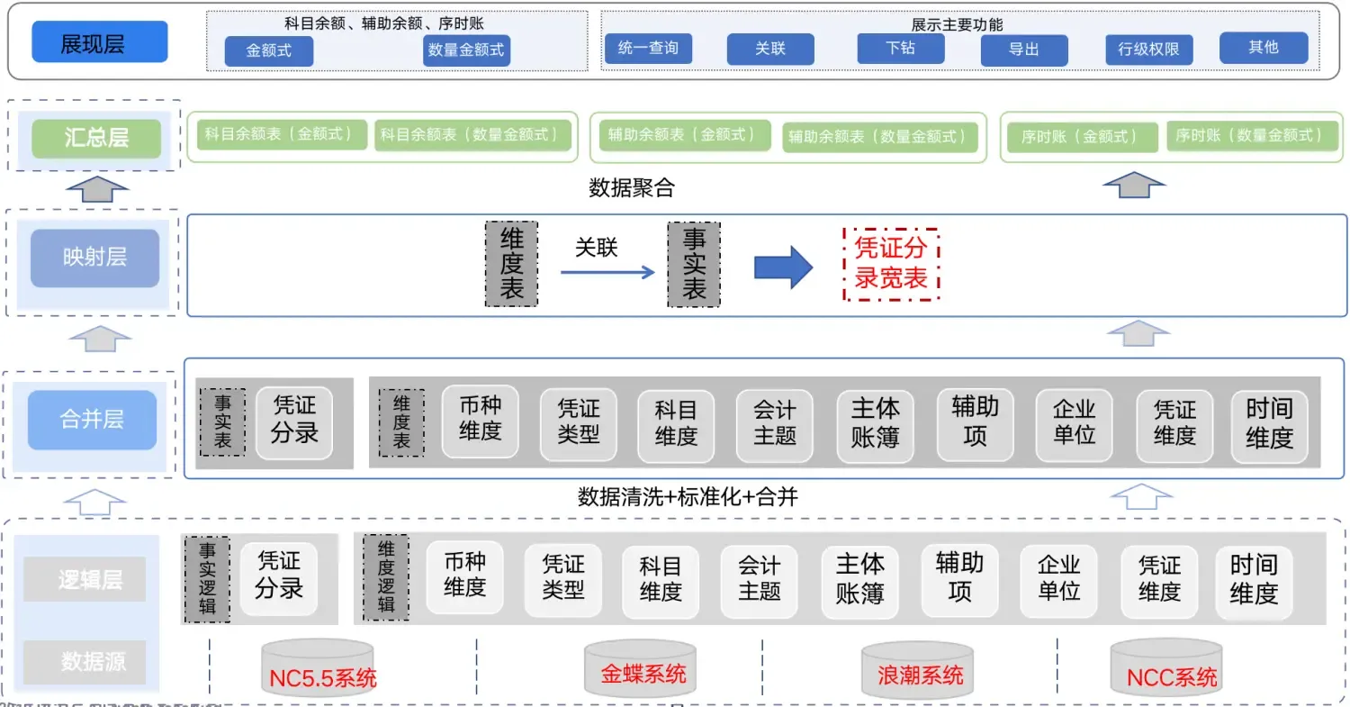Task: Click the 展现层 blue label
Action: coord(99,42)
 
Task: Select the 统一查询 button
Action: coord(648,48)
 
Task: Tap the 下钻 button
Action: coord(900,48)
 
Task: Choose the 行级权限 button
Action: coord(1148,50)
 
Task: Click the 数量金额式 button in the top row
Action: coord(466,50)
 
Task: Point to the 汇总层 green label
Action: coord(96,138)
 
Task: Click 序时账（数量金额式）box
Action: coord(1249,136)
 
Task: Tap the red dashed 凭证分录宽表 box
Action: coord(891,264)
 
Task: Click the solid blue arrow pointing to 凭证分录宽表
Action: coord(783,267)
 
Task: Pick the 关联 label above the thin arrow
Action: coord(597,248)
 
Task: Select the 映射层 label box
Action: coord(94,258)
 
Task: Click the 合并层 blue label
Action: coord(92,420)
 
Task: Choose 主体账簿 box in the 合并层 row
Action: coord(875,422)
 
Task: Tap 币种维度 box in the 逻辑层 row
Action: coord(464,576)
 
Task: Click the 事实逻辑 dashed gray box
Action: coord(206,580)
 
